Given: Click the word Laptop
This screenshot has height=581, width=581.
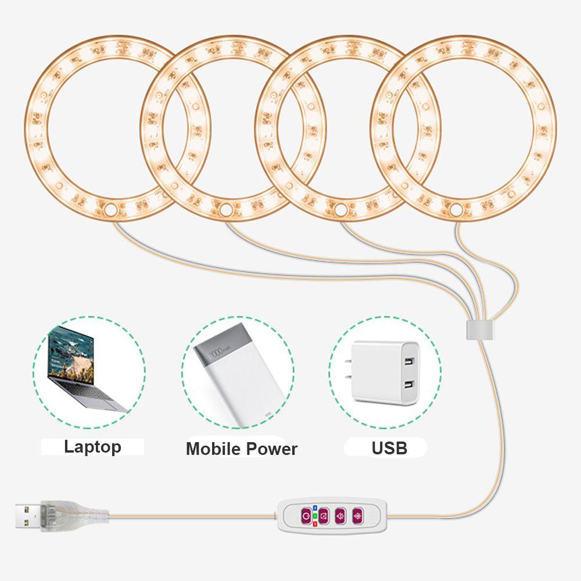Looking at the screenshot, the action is (x=92, y=447).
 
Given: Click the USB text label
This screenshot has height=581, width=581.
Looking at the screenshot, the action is (x=389, y=448).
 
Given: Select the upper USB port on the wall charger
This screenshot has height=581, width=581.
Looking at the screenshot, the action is (x=411, y=362).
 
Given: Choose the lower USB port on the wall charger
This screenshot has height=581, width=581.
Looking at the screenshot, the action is (x=410, y=385).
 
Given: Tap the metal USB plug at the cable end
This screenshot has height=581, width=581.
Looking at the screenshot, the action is (x=28, y=515).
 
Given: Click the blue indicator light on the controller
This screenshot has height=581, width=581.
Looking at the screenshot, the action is (x=315, y=506).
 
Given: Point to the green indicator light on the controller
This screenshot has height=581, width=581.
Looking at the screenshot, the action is (x=315, y=515).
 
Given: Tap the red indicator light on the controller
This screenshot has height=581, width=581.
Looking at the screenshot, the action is (x=315, y=523).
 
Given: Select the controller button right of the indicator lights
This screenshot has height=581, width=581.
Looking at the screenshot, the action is (x=323, y=515).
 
